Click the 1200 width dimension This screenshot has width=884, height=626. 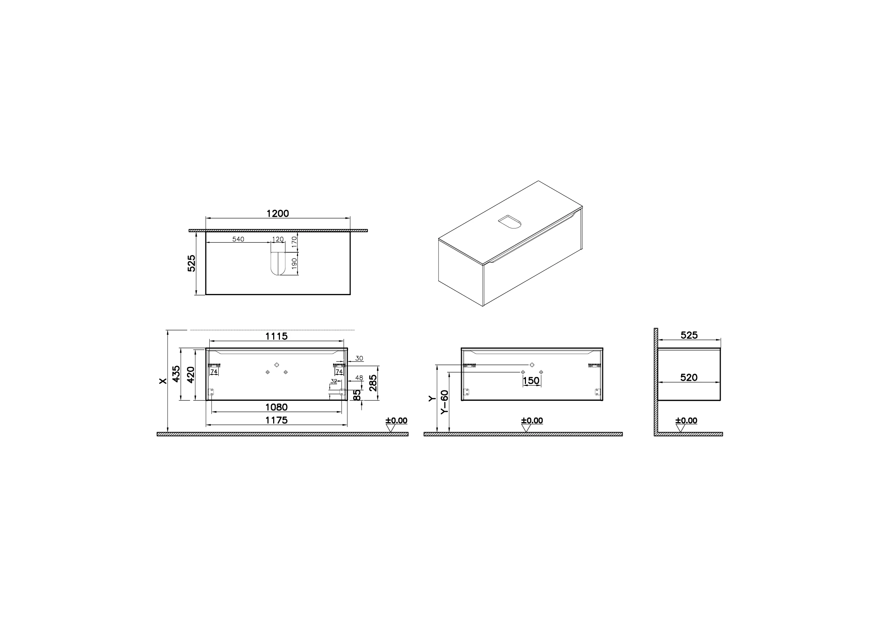[278, 213]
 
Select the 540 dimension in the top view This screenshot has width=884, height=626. [238, 239]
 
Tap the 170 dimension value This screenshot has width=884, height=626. [294, 242]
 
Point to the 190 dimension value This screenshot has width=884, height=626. [294, 264]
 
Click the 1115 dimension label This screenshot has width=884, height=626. [276, 336]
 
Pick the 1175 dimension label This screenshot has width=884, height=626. [276, 420]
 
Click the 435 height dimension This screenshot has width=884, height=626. [176, 374]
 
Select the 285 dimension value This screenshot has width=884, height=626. [373, 383]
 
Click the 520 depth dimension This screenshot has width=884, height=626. [689, 377]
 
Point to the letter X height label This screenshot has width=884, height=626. [163, 381]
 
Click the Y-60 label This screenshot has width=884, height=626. [445, 402]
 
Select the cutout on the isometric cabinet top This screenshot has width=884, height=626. [510, 222]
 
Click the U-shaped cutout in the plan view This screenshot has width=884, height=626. [277, 263]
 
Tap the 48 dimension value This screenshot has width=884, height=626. [359, 378]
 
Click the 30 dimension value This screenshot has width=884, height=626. [359, 358]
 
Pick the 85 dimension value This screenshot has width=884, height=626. [357, 395]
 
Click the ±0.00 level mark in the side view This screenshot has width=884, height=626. [686, 420]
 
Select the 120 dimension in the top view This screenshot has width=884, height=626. [278, 239]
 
